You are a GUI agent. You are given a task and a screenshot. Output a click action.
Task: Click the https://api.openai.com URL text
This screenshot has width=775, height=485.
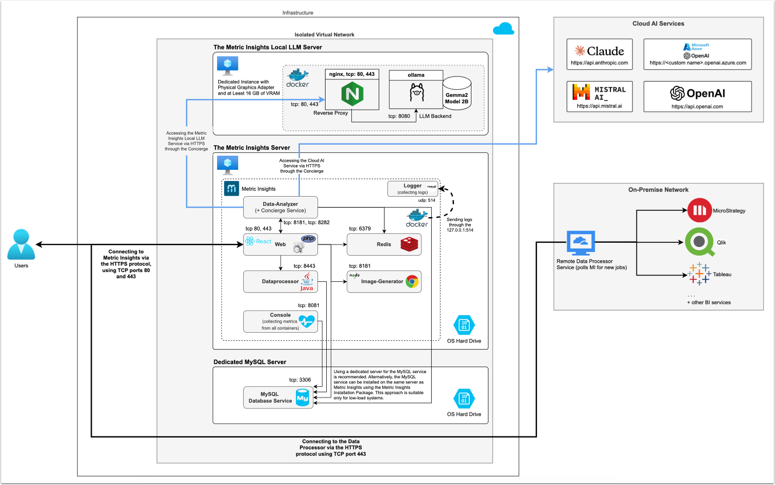tap(697, 107)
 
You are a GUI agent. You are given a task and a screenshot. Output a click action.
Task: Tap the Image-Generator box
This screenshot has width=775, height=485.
tap(383, 282)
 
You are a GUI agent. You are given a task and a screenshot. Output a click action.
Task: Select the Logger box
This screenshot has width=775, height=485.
tap(413, 189)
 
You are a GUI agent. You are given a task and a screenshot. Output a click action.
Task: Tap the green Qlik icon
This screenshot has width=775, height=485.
tap(698, 243)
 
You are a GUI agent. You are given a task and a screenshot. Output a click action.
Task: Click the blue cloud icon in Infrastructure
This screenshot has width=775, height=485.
tap(502, 29)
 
